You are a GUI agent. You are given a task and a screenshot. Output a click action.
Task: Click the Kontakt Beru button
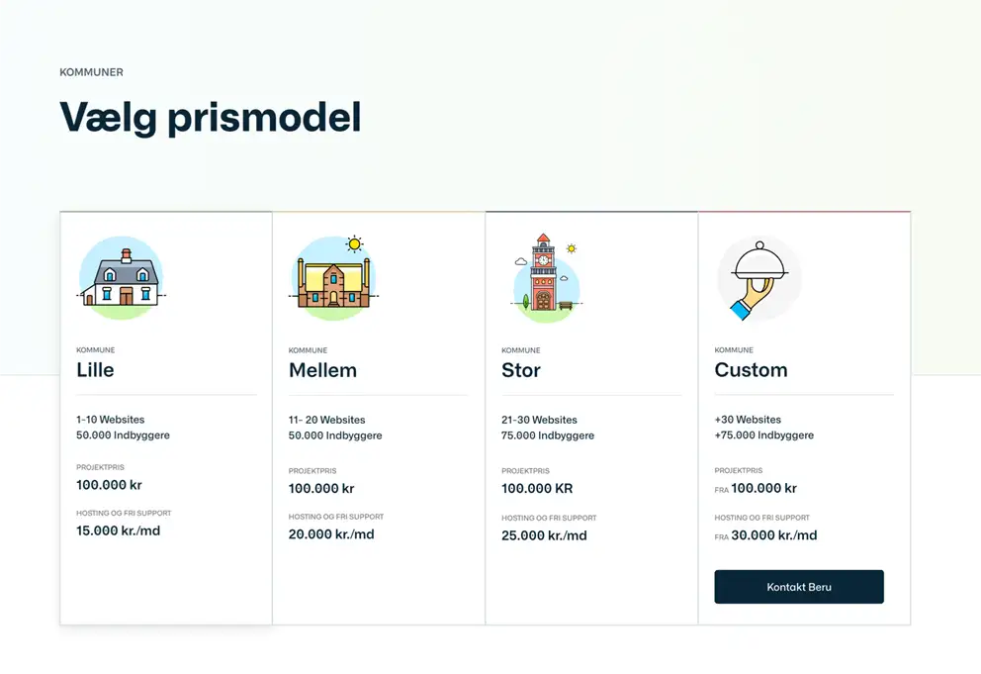click(x=799, y=587)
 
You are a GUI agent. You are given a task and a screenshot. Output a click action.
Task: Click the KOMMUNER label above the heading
click(x=91, y=72)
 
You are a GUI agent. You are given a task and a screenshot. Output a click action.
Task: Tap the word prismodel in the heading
click(x=264, y=118)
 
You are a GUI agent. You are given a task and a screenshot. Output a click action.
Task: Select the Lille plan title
click(x=95, y=369)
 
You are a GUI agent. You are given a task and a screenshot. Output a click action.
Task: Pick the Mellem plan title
click(x=322, y=370)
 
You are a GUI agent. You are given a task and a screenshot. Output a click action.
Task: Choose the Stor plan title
click(x=520, y=370)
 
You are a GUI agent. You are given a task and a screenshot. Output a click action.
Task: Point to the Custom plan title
click(x=751, y=370)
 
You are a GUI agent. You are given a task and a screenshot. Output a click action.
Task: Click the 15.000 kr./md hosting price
click(x=119, y=530)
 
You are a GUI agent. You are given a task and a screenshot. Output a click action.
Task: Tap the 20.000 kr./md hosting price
click(x=331, y=534)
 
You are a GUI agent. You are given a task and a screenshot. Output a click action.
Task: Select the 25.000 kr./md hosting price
click(x=544, y=535)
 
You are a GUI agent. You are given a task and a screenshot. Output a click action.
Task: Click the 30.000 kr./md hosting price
click(x=774, y=535)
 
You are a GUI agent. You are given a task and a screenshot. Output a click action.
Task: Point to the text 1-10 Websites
click(x=110, y=420)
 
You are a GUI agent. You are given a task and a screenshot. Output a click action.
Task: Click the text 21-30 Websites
click(x=539, y=420)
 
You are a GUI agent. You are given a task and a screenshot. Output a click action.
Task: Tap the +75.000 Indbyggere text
click(x=763, y=435)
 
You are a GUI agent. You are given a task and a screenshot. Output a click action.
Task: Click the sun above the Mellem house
click(x=355, y=243)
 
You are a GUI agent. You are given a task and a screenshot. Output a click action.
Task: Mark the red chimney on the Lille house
click(x=127, y=255)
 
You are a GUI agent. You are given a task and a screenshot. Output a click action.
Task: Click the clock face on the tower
click(x=543, y=260)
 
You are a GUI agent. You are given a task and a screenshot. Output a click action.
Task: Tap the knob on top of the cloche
click(x=759, y=245)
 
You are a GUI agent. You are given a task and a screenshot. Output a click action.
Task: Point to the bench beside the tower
click(x=566, y=305)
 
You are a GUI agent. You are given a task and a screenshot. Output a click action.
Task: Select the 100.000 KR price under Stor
click(x=537, y=489)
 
